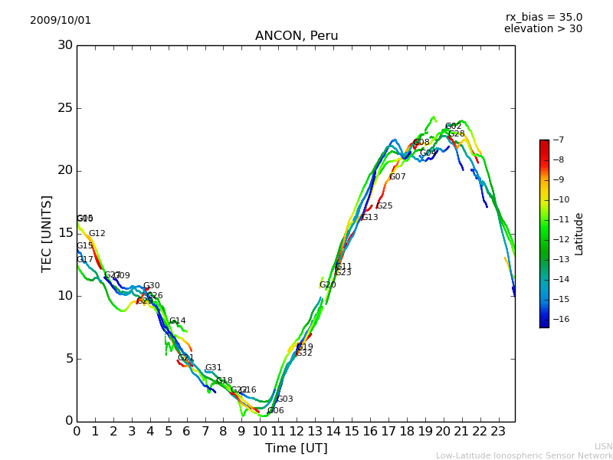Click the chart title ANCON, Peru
[297, 36]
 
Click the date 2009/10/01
[61, 21]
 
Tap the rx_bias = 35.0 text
[543, 18]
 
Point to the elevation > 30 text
[543, 29]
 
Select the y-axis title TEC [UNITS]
[48, 233]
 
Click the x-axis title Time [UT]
[296, 449]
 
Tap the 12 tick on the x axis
[297, 432]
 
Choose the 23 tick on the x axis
[498, 432]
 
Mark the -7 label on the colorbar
[557, 140]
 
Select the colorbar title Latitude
[579, 234]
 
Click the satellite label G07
[397, 177]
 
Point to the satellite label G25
[384, 206]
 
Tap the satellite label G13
[369, 218]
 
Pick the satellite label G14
[177, 321]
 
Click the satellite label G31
[213, 368]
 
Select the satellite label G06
[275, 411]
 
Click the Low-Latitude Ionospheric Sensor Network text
[524, 456]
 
